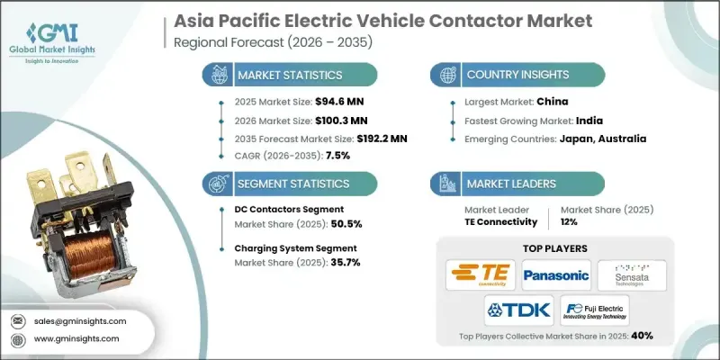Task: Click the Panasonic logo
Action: pos(556,274)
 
